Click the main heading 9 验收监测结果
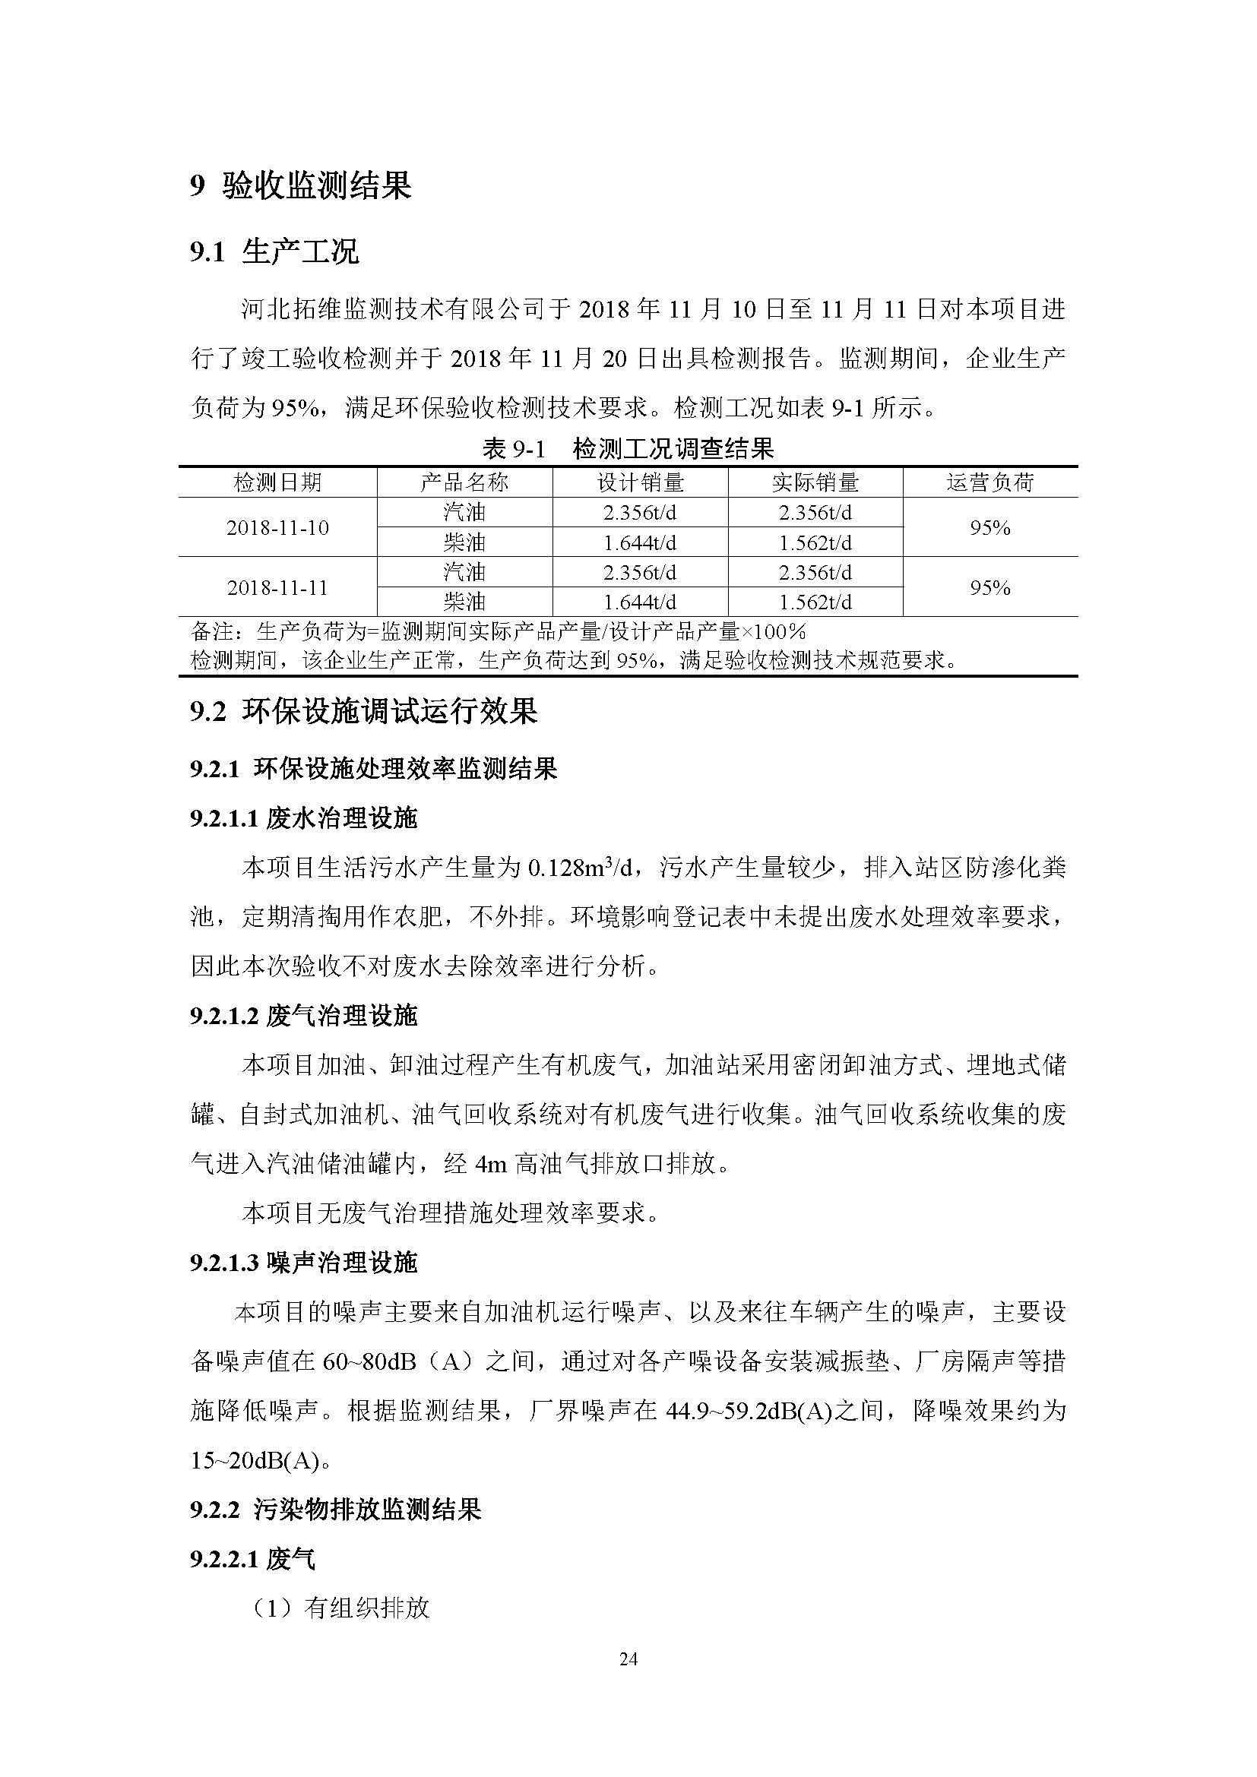click(x=301, y=185)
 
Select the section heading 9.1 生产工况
click(x=275, y=252)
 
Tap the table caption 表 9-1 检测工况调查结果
click(x=628, y=448)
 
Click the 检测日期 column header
click(x=277, y=483)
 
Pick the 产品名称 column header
click(x=464, y=483)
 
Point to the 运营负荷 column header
click(x=990, y=483)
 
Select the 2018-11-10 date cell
click(x=277, y=528)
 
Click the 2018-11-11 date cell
click(x=277, y=588)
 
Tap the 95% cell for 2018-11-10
click(x=990, y=528)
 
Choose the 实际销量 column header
click(x=815, y=483)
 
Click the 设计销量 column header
click(x=640, y=483)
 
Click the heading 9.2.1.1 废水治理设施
click(x=303, y=818)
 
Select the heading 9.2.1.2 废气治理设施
click(x=303, y=1017)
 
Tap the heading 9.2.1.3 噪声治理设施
click(x=303, y=1264)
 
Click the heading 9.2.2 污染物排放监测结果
click(x=336, y=1510)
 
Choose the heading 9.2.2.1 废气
click(x=253, y=1560)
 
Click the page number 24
click(x=628, y=1658)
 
